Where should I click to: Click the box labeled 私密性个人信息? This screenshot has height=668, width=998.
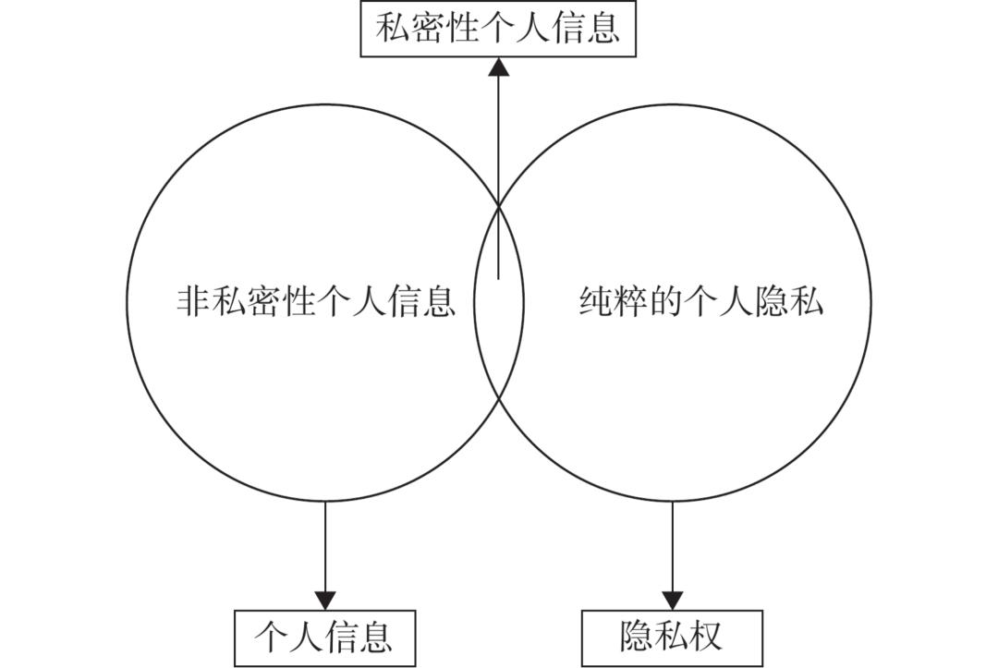coord(497,29)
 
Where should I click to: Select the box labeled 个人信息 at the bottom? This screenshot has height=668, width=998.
coord(324,638)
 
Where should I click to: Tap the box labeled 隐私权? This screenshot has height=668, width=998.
coord(672,638)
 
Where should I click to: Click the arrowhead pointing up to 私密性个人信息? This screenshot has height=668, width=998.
coord(499,67)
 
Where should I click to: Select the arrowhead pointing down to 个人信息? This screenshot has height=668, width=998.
coord(325,600)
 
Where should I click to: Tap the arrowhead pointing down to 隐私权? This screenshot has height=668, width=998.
coord(673,600)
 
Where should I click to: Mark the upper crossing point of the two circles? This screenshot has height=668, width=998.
coord(499,206)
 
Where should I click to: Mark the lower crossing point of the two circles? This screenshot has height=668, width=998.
coord(499,398)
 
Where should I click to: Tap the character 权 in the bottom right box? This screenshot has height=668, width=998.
coord(705,637)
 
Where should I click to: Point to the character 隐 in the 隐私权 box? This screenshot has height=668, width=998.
coord(638,637)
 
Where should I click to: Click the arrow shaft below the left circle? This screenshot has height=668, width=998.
coord(325,545)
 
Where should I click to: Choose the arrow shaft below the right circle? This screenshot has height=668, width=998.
coord(673,545)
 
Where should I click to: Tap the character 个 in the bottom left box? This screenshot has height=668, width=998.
coord(274,638)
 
